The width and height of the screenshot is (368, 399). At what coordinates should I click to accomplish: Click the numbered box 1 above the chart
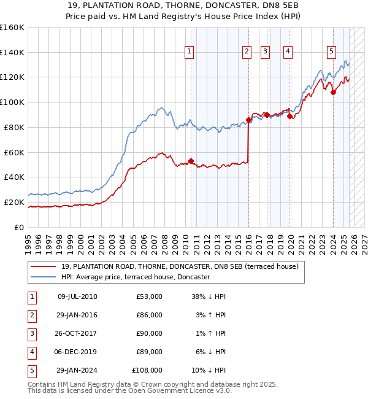[189, 52]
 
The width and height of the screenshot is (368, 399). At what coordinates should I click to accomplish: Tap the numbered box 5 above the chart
[331, 52]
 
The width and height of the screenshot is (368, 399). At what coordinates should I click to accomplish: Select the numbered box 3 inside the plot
[266, 52]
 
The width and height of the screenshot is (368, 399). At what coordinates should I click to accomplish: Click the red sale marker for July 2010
[191, 161]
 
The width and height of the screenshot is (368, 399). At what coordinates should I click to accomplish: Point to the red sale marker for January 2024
[333, 93]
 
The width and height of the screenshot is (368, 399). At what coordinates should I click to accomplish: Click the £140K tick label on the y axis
[12, 52]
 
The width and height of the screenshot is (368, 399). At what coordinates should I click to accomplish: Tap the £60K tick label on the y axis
[14, 152]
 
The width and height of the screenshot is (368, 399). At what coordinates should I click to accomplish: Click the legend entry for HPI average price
[136, 277]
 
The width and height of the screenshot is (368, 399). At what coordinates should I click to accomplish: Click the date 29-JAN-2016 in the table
[77, 315]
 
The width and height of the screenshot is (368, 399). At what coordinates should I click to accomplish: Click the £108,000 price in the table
[147, 370]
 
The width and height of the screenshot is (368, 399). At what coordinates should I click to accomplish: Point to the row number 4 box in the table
[31, 352]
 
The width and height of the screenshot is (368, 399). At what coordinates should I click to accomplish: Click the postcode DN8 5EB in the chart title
[251, 5]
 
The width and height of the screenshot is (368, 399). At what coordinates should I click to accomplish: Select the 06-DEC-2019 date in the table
[77, 352]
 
